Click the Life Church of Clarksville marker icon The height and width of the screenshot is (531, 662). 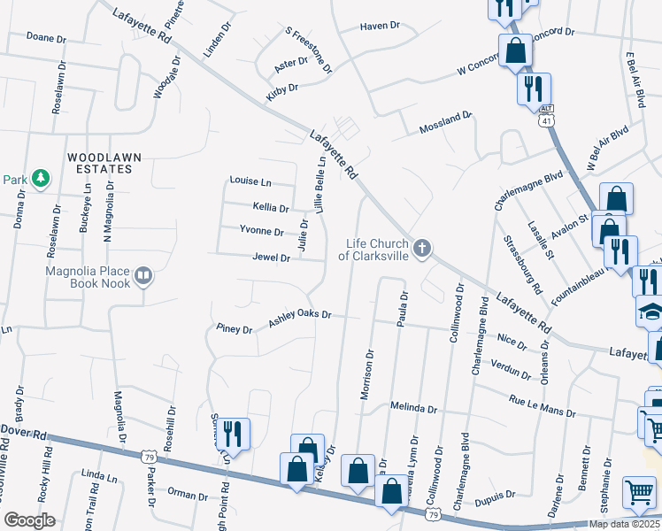(x=422, y=248)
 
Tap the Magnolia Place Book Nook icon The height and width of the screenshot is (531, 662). (x=142, y=278)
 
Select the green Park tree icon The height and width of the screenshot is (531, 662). (x=40, y=179)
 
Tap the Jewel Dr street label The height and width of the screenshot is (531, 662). (x=273, y=258)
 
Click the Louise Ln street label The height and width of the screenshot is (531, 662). (x=250, y=181)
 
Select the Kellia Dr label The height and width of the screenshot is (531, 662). (x=271, y=208)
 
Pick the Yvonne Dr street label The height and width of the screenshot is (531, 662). (x=262, y=232)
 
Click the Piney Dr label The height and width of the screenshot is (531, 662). (x=235, y=328)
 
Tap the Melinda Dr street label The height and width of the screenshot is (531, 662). (x=414, y=409)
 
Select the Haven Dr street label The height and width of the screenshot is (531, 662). (x=381, y=27)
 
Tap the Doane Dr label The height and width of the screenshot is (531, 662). (x=47, y=39)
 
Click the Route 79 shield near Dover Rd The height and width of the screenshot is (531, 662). (x=147, y=456)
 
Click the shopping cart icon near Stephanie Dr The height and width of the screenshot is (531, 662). (x=640, y=492)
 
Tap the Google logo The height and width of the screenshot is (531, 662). (x=30, y=519)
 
